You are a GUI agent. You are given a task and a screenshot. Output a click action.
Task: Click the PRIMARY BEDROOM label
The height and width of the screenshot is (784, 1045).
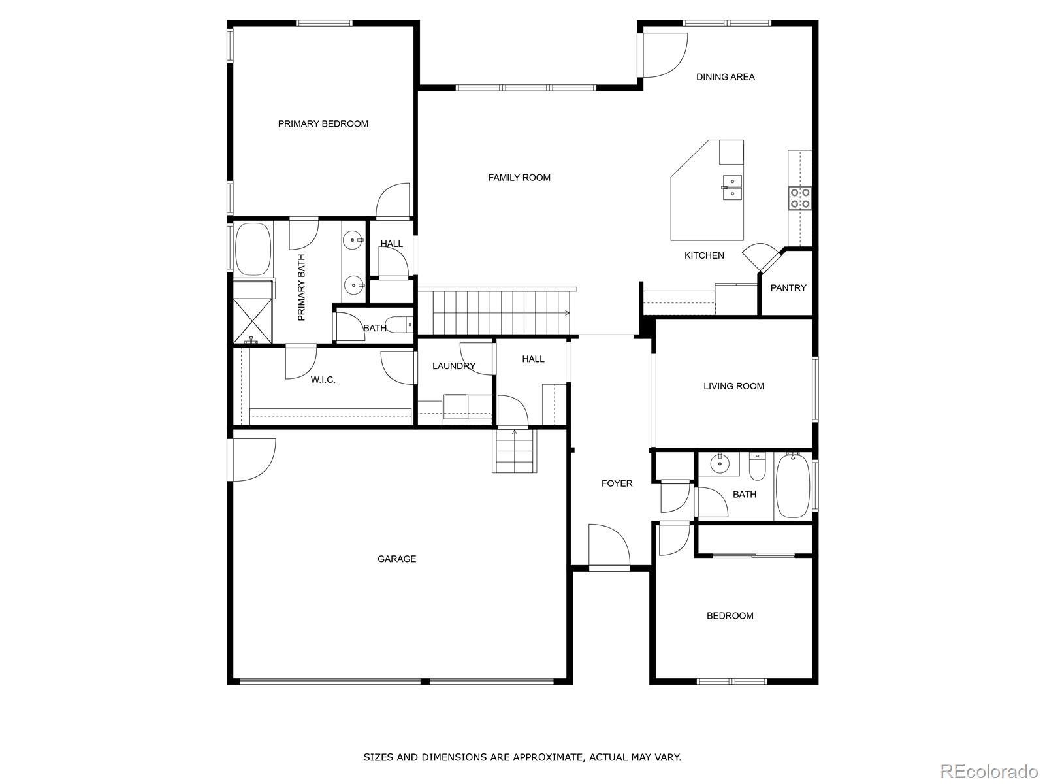[x=323, y=123]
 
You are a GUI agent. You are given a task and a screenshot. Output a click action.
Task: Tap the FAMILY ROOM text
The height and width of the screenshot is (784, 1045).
[x=519, y=178]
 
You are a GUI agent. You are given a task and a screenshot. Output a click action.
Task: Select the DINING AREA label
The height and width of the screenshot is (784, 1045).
[x=725, y=77]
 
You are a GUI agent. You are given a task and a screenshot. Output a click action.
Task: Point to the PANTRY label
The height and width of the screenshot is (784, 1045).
[x=788, y=288]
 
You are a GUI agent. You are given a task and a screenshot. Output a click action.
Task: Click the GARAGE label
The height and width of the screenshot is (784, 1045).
[x=396, y=559]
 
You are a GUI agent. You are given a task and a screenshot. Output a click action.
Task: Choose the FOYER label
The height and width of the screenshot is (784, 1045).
[x=617, y=483]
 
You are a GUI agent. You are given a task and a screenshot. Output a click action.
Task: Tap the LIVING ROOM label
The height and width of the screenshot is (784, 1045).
[x=733, y=387]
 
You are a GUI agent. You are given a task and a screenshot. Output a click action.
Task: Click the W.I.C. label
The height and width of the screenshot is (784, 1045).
[x=323, y=380]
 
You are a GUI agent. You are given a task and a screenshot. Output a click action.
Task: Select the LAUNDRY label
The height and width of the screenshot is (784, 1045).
[x=454, y=366]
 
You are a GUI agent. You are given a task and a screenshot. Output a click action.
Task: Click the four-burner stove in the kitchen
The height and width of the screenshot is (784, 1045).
[x=801, y=199]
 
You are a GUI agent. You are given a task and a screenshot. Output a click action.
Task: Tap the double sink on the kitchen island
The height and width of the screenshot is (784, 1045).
[x=731, y=188]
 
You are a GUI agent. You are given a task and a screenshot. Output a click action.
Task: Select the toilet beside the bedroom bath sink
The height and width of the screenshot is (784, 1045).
[x=757, y=466]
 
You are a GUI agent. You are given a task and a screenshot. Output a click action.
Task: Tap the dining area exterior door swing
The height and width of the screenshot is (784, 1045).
[x=666, y=56]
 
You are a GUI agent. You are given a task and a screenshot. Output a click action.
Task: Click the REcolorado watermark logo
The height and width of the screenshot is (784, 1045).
[x=989, y=771]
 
